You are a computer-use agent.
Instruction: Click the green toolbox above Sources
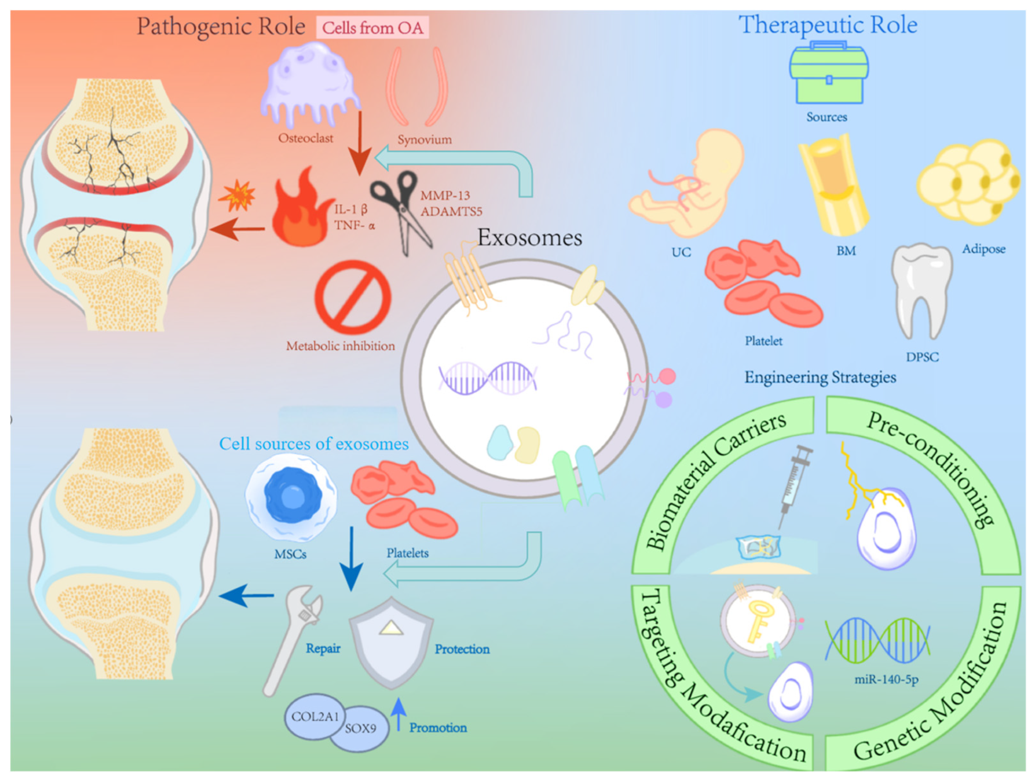tap(828, 75)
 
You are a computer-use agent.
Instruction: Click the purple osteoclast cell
tap(308, 84)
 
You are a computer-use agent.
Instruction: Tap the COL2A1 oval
tap(314, 716)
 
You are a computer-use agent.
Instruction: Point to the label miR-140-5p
tap(886, 679)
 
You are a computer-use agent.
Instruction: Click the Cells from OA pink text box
tap(373, 28)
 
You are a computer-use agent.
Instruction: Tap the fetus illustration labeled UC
tap(687, 187)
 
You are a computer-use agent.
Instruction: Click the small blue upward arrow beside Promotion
tap(398, 714)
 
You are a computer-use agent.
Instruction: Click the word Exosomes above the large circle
tap(530, 237)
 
